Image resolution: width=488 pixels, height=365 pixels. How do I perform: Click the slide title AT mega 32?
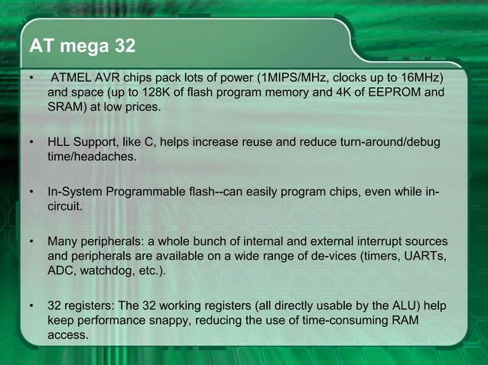coord(82,47)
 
